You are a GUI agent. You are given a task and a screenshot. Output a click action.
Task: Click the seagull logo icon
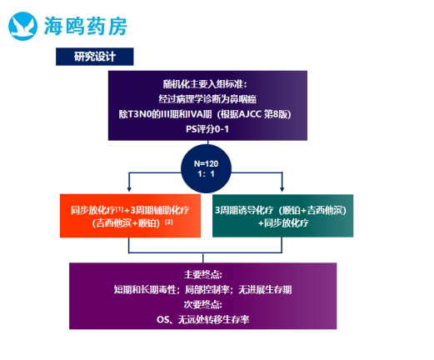point(22,26)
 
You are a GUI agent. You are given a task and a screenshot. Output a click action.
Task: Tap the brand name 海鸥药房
point(86,26)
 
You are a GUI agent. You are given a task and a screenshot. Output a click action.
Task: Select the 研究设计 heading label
point(95,57)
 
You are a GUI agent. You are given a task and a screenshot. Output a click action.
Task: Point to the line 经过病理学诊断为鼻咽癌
point(207,99)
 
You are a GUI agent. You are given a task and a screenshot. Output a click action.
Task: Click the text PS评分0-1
point(207,129)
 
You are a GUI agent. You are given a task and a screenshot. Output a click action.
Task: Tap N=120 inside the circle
point(206,163)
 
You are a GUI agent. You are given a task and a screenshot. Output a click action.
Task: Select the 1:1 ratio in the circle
point(206,174)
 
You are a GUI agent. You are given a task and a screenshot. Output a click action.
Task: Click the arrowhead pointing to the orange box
point(129,189)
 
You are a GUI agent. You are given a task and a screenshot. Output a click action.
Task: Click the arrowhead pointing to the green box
point(282,189)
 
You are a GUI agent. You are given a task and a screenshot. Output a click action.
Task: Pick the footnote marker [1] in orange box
point(119,208)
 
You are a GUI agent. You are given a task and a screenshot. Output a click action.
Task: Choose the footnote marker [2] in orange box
point(169,222)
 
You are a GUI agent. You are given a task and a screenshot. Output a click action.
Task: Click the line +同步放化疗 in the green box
point(283,223)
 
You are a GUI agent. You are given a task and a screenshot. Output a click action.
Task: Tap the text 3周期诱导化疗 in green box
point(244,210)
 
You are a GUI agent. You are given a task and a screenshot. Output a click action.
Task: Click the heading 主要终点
point(202,275)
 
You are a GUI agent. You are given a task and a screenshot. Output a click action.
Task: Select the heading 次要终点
point(202,305)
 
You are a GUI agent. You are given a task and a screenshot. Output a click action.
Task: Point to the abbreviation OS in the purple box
point(162,320)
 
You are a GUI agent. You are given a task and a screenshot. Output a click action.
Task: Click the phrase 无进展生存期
point(265,290)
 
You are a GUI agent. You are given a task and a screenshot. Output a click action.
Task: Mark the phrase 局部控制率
point(207,290)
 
